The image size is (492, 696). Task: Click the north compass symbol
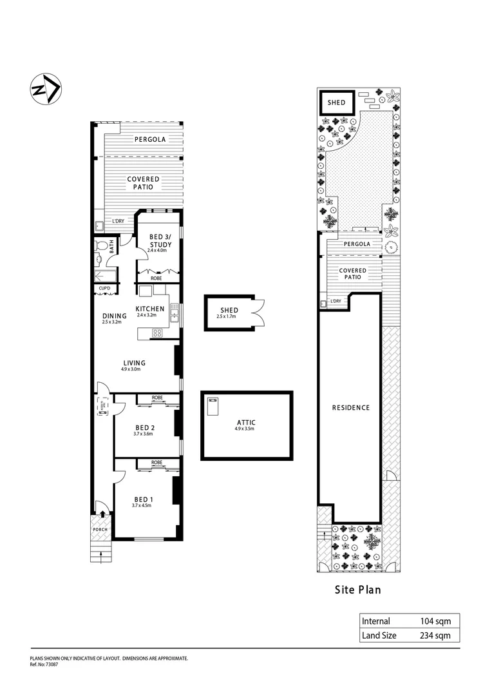tap(45, 89)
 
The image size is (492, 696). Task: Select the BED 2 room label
tap(145, 427)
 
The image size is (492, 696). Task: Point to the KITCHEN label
tap(150, 309)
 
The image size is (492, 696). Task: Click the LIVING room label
tap(133, 363)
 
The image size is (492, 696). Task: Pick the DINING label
tap(114, 316)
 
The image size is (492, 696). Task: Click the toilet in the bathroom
tap(100, 246)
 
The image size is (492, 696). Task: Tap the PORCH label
tap(100, 530)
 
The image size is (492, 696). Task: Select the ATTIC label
tap(246, 422)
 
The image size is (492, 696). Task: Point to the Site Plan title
tap(359, 589)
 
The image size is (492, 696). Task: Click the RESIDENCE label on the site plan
tap(351, 407)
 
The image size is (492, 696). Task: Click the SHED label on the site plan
tap(337, 102)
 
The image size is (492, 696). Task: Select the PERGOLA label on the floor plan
tap(150, 139)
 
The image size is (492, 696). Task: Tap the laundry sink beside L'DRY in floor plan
tap(100, 226)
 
